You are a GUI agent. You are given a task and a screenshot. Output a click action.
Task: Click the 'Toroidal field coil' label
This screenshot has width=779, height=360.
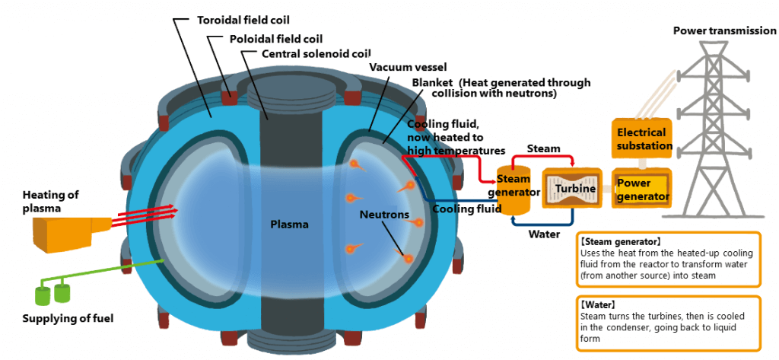pyautogui.click(x=243, y=20)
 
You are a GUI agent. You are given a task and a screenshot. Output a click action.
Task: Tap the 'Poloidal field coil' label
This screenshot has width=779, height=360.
pyautogui.click(x=275, y=38)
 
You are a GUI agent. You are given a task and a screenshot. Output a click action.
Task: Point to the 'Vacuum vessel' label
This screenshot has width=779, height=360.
pyautogui.click(x=408, y=67)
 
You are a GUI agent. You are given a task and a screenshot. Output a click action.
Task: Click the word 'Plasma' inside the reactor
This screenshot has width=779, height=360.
pyautogui.click(x=289, y=225)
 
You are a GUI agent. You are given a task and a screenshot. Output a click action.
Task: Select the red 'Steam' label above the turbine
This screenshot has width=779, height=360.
pyautogui.click(x=543, y=148)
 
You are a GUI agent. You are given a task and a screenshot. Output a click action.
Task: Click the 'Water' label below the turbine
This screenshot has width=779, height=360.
pyautogui.click(x=545, y=234)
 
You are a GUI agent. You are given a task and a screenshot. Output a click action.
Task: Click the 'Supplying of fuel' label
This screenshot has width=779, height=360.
pyautogui.click(x=68, y=318)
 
